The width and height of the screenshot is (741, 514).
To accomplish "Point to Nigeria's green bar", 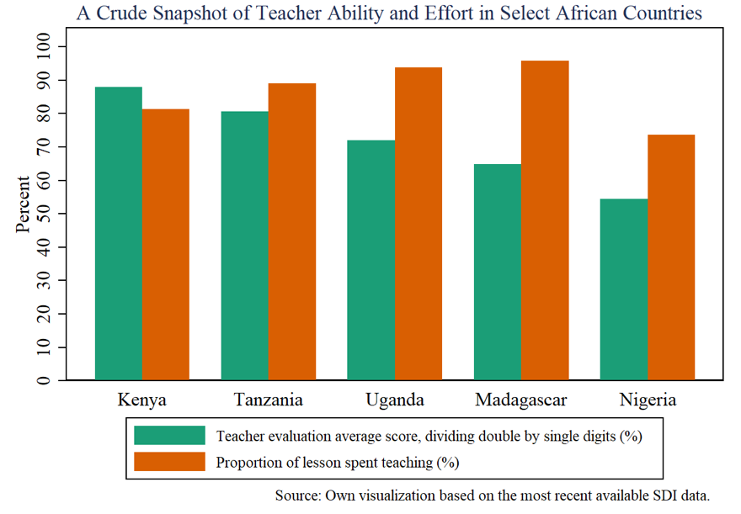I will coord(624,289).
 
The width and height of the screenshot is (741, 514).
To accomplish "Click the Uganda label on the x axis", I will coord(395,400).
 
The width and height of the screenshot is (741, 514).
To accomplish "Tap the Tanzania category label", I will coord(268,400).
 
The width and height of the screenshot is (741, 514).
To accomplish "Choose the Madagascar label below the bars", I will coord(521,400).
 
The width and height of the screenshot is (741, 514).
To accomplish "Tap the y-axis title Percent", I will coord(24,204).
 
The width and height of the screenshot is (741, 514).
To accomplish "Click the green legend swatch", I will coord(169,435).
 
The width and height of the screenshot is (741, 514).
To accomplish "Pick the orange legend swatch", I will coord(169,462).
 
